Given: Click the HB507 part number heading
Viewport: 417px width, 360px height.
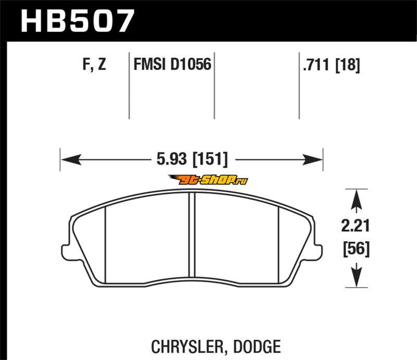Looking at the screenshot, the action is coord(77,21).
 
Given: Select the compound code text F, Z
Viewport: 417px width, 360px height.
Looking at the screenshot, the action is coord(94,64).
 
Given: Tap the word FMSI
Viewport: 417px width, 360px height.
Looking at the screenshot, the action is coord(149,65).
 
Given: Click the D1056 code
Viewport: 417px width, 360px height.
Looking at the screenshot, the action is coord(191,65).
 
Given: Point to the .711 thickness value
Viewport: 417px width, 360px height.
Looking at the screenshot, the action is coord(316,65).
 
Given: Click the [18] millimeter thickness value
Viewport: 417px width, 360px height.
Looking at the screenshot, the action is coord(347,65).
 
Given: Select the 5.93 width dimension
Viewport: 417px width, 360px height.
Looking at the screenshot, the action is coord(171,159).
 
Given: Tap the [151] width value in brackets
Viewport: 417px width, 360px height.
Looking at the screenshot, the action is coord(210,159).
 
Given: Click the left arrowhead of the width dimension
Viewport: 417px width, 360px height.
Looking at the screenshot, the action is coord(71,159).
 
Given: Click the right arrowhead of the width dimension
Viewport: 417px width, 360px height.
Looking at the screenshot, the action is coord(312,159).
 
